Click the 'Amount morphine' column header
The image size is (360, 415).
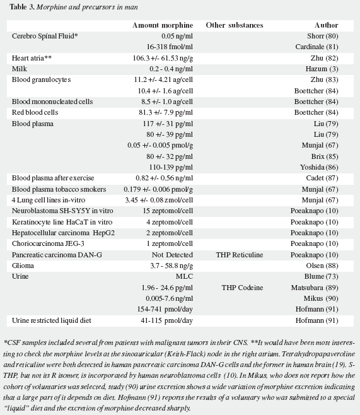[163, 25]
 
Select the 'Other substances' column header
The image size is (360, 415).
[235, 25]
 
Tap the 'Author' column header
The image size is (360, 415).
[326, 25]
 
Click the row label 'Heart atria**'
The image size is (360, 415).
[32, 58]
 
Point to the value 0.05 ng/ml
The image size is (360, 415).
[177, 36]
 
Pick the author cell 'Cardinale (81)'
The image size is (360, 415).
[316, 47]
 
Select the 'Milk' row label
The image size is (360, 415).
[20, 69]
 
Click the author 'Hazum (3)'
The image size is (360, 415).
[322, 69]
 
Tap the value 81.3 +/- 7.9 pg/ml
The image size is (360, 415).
[166, 112]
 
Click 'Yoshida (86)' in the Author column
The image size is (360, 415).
[319, 167]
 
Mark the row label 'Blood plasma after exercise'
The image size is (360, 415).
[53, 178]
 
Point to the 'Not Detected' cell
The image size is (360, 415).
[172, 255]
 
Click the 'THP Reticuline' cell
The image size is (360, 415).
[240, 255]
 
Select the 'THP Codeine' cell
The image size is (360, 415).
[242, 288]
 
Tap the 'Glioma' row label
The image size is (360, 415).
[23, 266]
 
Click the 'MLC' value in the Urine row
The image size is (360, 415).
[184, 276]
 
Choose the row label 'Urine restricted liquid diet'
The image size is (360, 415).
[51, 320]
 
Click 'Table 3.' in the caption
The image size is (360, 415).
[22, 7]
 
